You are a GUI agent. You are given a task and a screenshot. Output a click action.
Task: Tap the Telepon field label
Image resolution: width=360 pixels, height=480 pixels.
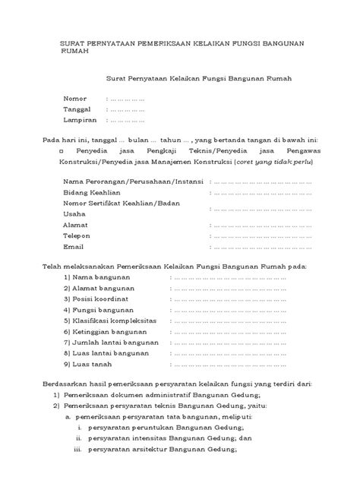(77, 236)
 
